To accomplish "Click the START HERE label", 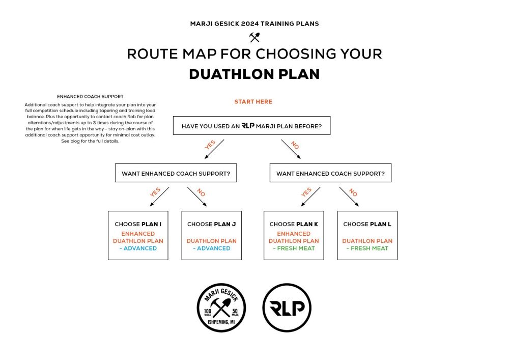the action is [x=253, y=102].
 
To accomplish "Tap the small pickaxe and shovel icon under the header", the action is [x=254, y=37].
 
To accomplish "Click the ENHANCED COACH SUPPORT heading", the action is [x=90, y=96].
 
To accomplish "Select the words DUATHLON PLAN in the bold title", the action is [x=254, y=74].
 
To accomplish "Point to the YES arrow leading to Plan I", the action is [x=159, y=197].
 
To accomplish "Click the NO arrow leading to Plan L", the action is [x=349, y=197].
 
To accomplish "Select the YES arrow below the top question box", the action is [x=214, y=149].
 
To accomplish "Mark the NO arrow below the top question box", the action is [x=291, y=149].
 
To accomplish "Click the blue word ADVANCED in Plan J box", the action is [x=214, y=248].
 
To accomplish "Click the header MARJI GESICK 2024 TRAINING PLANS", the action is [x=254, y=24].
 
